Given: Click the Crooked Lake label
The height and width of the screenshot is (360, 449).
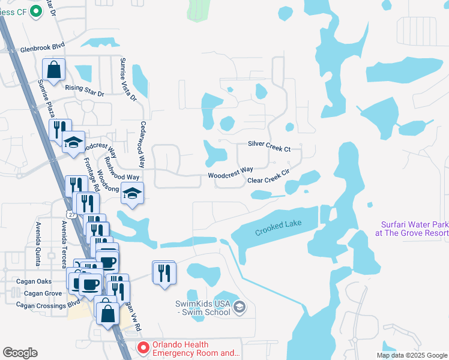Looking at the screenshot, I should click(278, 227).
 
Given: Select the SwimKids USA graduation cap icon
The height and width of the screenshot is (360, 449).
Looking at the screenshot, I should click(240, 308).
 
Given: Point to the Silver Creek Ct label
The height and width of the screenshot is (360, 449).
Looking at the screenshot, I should click(269, 145).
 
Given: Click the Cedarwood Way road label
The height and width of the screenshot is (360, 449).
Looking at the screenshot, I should click(143, 146).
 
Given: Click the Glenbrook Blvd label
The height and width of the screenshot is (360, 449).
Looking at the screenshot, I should click(42, 51).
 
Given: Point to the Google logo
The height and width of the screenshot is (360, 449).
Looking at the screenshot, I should click(20, 353).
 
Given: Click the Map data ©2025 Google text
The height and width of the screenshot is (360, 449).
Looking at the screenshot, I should click(411, 355).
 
